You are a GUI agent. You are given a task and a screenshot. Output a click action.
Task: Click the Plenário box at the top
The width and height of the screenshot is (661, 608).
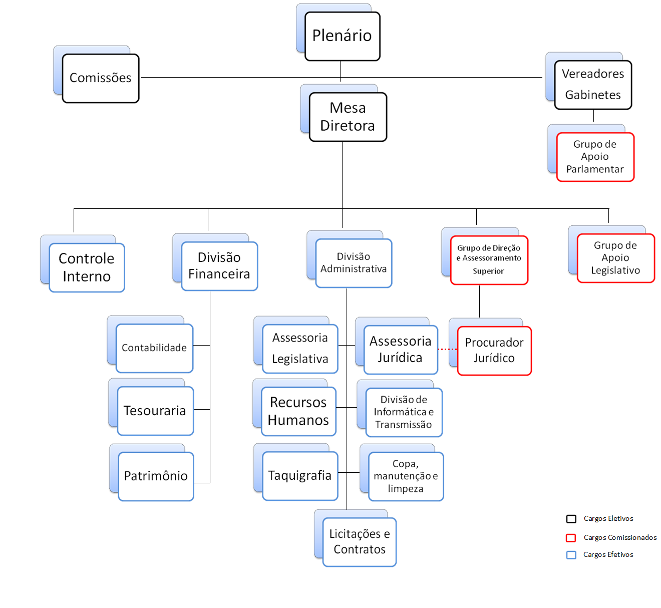coord(343,36)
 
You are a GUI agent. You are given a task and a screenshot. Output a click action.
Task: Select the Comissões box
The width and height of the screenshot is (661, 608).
coord(101,78)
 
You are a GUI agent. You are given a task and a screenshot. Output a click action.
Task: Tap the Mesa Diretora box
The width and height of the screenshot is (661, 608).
coord(348,117)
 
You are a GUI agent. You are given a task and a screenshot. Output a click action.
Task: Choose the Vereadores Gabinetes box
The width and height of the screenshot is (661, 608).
coord(593,85)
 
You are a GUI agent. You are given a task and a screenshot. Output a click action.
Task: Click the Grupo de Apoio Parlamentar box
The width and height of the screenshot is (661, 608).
coord(595,157)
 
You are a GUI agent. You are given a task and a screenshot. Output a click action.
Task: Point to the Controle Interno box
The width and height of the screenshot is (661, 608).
coord(87,267)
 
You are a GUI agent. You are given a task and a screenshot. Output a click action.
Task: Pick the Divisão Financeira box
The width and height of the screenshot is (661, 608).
coord(219,266)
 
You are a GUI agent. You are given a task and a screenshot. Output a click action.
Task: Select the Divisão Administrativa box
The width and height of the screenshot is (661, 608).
coord(354,263)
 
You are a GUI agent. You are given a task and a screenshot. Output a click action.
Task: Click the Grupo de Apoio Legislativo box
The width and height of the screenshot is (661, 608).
coord(616,258)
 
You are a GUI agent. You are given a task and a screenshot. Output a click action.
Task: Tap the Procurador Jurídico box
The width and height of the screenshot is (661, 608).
coord(494,351)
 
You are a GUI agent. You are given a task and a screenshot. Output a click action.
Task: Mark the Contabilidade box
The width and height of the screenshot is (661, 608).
coord(154,348)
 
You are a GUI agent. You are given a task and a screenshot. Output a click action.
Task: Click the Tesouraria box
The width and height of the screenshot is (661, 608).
coord(155,411)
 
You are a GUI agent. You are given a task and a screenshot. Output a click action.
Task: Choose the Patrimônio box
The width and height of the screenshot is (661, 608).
coord(156,476)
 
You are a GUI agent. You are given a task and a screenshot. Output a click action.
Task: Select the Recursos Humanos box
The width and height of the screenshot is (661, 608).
coord(298,411)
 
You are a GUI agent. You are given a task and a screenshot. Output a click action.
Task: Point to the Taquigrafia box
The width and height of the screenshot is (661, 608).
coord(300,476)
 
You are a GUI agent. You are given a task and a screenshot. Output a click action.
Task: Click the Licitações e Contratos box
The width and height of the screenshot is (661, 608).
coord(360,542)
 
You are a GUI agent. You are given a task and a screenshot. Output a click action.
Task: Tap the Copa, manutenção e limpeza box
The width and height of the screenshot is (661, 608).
coord(406,476)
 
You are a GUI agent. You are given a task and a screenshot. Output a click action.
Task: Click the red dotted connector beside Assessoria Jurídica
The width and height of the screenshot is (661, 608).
coord(448,349)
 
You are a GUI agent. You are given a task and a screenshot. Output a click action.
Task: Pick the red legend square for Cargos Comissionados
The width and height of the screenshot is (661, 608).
coord(571,538)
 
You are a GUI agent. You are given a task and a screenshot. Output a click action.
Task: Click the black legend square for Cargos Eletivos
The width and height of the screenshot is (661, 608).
coord(571,519)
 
